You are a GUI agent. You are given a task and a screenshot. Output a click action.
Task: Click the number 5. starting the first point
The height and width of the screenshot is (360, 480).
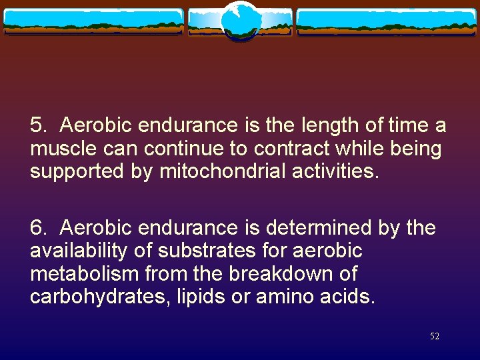tap(38, 125)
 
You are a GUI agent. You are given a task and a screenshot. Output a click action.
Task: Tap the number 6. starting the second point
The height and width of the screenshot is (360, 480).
tap(38, 228)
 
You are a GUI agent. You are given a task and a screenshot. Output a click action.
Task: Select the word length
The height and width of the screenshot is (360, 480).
tap(317, 125)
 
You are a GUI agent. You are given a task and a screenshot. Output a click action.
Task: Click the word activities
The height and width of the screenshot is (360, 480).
tap(337, 171)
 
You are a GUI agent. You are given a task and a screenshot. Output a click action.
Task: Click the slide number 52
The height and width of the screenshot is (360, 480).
tap(435, 337)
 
